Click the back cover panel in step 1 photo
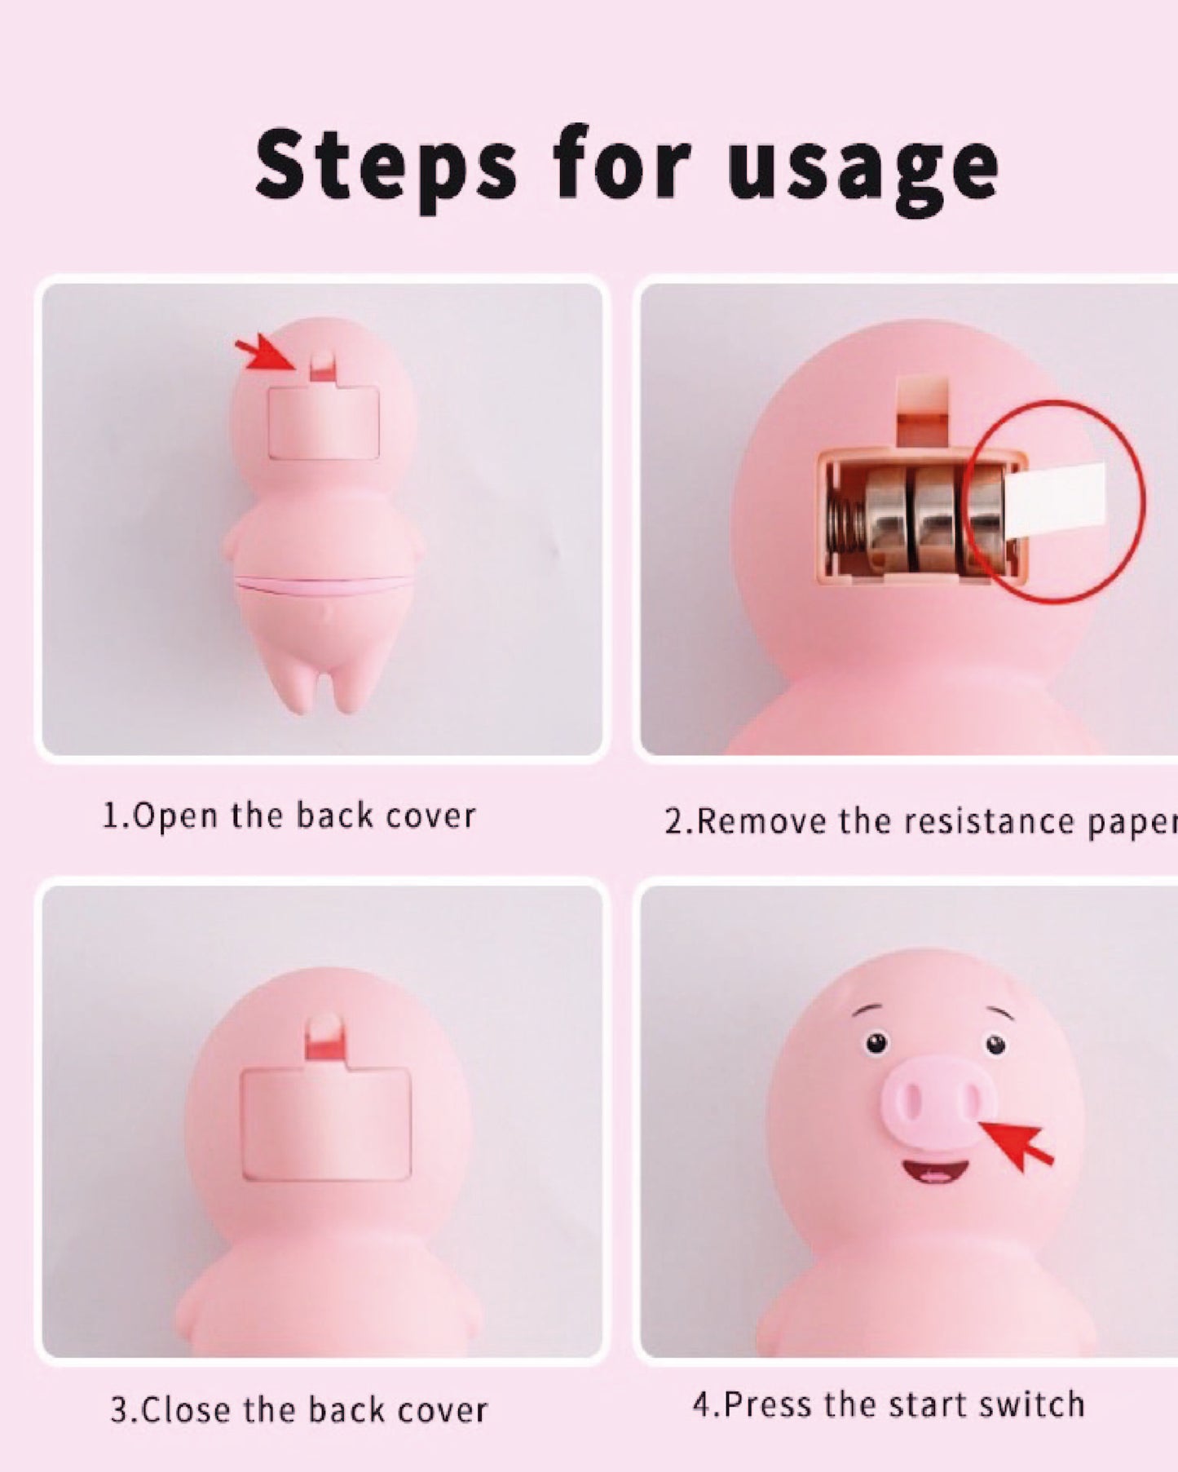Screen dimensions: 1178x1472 (324, 422)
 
